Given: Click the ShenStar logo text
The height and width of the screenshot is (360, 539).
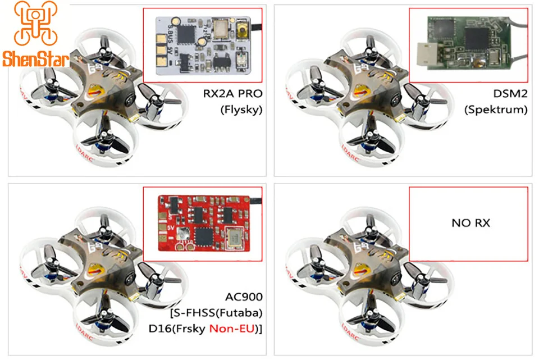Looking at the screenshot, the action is pos(35,59).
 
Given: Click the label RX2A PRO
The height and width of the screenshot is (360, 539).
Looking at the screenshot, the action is pos(233,93).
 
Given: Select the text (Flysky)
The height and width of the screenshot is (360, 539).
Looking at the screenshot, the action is pos(241,110).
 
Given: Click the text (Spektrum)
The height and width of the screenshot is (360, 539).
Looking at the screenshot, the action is pos(496,110).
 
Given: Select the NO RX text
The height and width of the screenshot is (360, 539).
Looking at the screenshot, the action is pos(471,223).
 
